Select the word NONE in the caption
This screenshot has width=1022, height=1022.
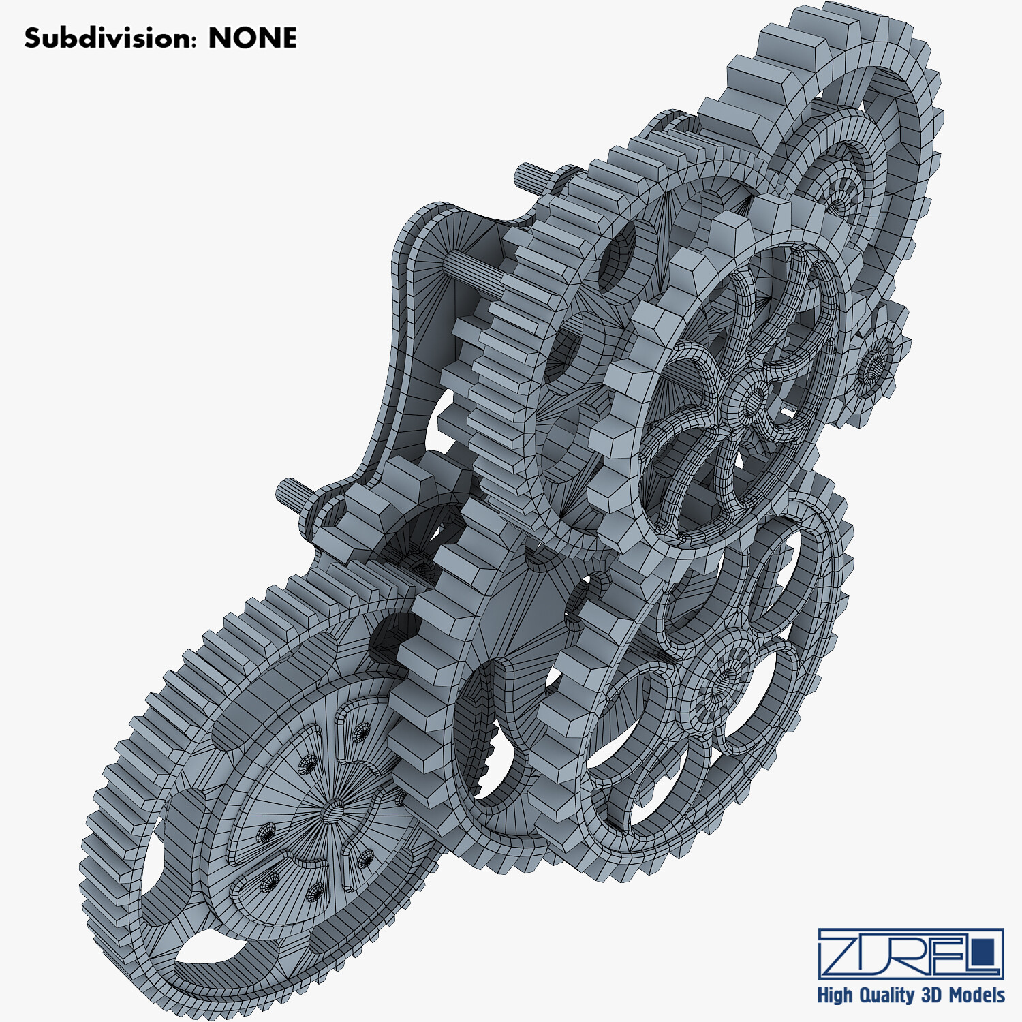(253, 38)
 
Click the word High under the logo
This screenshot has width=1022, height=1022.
(835, 995)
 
